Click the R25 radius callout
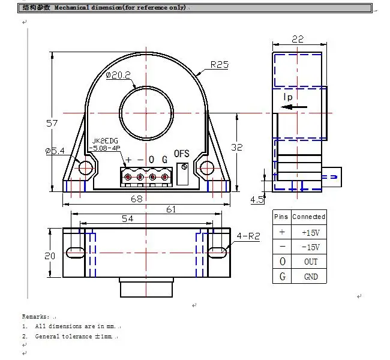coord(219,65)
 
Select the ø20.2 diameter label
coord(118,75)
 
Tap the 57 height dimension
coord(52,123)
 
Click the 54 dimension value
coord(127,219)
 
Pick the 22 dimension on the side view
coord(298,38)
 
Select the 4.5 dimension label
coord(257,199)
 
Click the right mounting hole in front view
coord(208,167)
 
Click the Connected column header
coord(309,217)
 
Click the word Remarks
coord(35,316)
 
